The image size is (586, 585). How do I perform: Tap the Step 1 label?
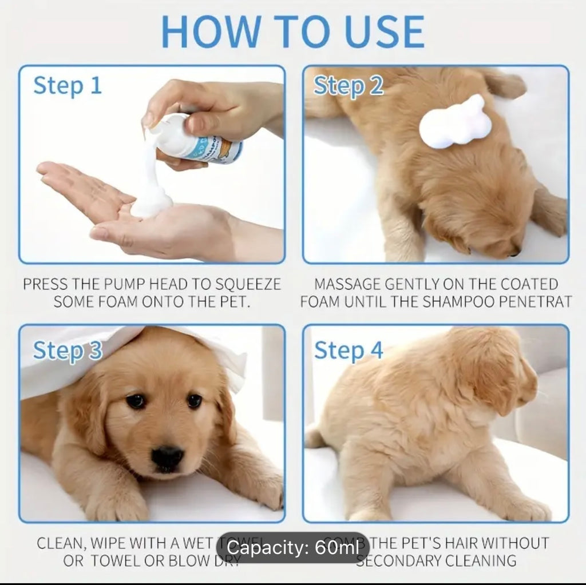click(x=67, y=86)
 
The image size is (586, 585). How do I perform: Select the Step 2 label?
click(x=348, y=86)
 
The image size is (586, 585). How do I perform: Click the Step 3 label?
click(x=67, y=350)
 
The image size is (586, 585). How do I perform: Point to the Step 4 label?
click(x=348, y=350)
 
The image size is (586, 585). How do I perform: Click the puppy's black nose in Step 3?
click(x=167, y=457)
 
